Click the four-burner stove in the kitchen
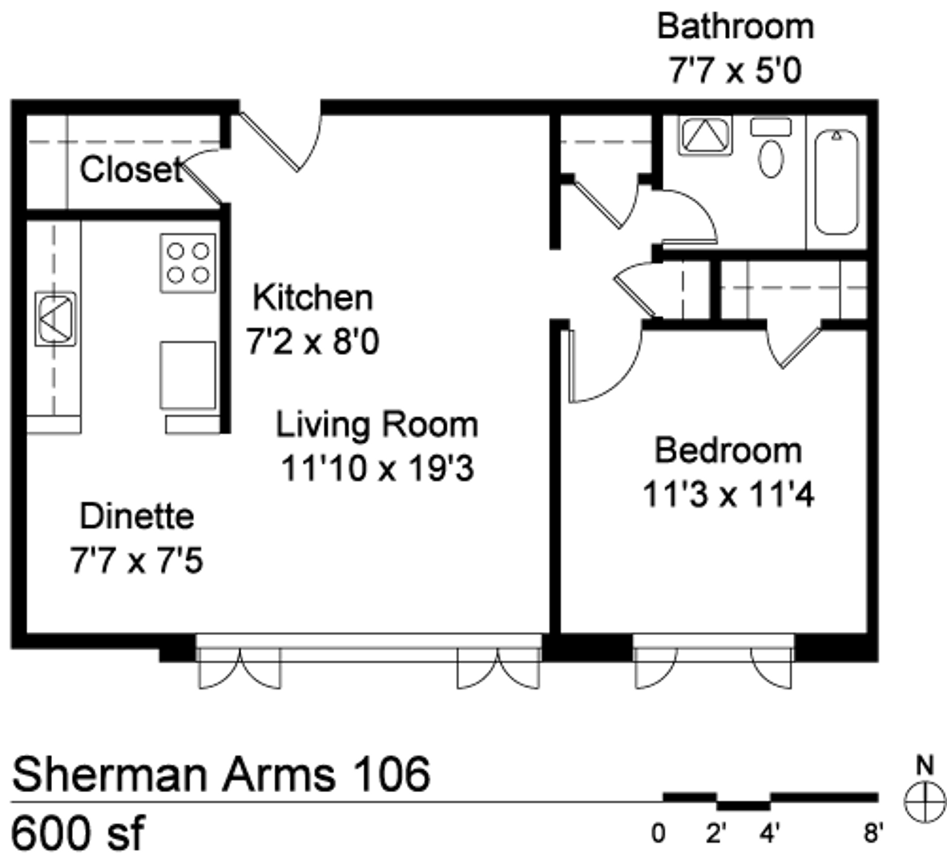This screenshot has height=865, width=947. tap(187, 264)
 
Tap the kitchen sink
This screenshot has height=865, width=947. tap(55, 319)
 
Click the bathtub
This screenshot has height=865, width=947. tap(836, 182)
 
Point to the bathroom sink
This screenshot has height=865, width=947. tap(705, 136)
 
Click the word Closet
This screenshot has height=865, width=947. tap(131, 170)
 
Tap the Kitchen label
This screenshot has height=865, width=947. tap(312, 298)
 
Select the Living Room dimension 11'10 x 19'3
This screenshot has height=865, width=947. tap(377, 469)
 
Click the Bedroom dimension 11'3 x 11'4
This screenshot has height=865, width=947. tap(728, 494)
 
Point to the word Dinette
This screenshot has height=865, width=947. tap(137, 517)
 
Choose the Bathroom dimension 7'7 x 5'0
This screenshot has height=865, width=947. tap(735, 70)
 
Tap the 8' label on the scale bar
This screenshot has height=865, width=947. tap(873, 834)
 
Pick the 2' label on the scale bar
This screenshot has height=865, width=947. tap(715, 834)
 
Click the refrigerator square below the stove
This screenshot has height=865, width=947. tap(187, 376)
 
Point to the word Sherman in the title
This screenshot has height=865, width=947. tap(111, 774)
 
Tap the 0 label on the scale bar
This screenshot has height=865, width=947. tap(659, 834)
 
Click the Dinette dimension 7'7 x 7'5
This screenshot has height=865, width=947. tap(137, 561)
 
